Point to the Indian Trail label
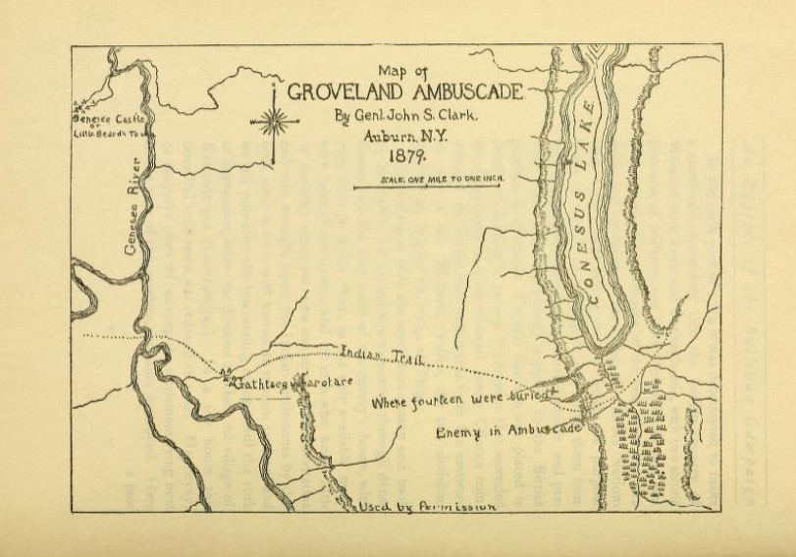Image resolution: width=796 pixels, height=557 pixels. tap(382, 355)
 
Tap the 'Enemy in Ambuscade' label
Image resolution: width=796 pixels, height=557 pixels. tap(509, 431)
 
